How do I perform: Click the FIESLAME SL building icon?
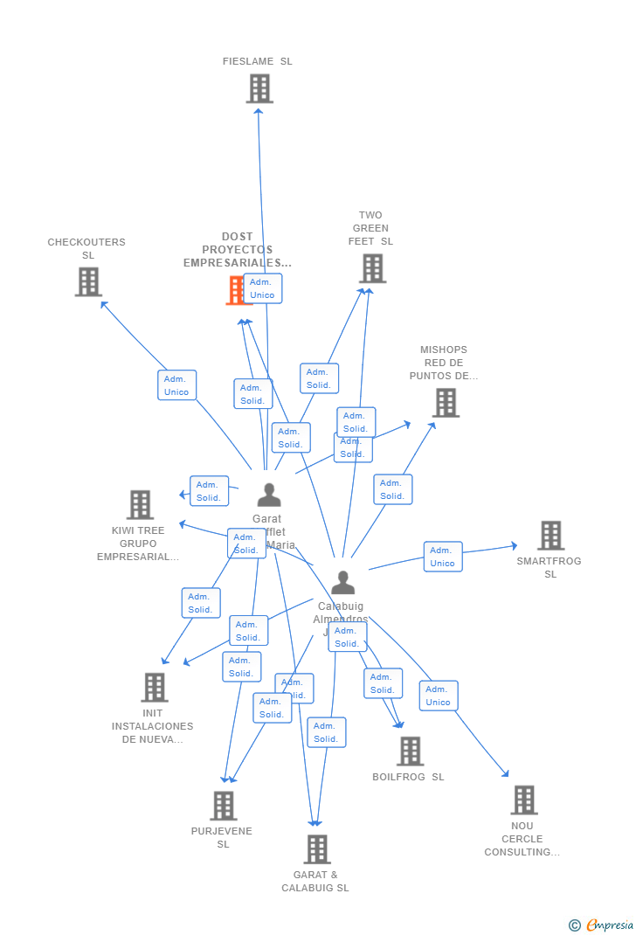coord(259,89)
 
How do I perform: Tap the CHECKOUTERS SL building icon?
coord(88,282)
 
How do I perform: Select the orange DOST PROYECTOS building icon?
coord(236,290)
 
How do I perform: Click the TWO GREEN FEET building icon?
coord(372,268)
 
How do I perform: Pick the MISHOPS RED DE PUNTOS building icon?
coord(446,403)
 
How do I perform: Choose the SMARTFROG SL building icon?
coord(550,536)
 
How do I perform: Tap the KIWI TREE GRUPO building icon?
coord(140,505)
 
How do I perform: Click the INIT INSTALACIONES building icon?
coord(155,688)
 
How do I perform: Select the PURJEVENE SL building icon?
coord(224,806)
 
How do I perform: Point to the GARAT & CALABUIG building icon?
coord(316,849)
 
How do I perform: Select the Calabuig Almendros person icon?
coord(342,582)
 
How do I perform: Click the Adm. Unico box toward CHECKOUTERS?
coord(176,385)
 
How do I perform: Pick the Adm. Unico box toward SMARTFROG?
coord(443,557)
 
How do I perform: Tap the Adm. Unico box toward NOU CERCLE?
coord(439,696)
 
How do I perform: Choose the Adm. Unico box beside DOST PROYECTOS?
coord(262,288)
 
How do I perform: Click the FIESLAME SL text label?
coord(258,62)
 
